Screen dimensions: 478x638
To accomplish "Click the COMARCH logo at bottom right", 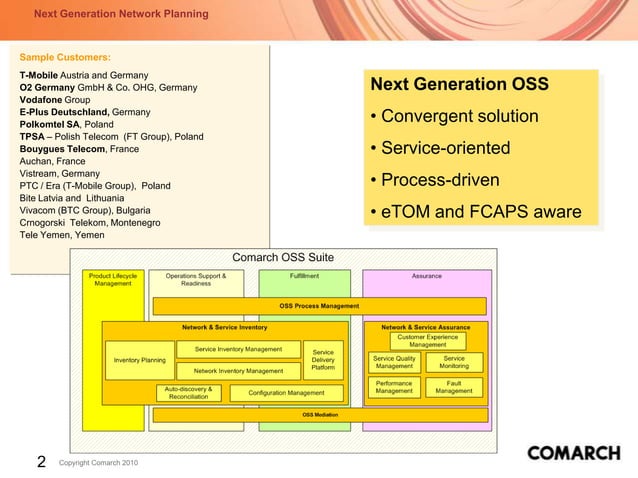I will (573, 453).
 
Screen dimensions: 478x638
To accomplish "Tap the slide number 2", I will (41, 461).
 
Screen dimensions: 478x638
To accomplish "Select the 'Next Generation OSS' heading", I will (459, 84).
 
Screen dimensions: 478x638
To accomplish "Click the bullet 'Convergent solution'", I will (454, 117).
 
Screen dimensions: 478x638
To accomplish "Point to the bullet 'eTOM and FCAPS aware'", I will (475, 212).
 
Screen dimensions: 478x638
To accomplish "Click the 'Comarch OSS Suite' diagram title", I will (283, 258).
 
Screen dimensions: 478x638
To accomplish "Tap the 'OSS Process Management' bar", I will (319, 306).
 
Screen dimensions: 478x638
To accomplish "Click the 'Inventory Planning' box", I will (139, 360).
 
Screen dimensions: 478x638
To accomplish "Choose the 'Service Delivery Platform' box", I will (323, 360).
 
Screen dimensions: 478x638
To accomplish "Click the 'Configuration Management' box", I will (286, 393).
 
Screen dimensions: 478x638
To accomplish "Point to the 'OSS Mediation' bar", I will (320, 414).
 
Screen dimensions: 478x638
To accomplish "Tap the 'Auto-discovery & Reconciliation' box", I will (188, 393).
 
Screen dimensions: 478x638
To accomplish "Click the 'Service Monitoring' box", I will (453, 362).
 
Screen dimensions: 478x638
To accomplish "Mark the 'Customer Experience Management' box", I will (428, 341).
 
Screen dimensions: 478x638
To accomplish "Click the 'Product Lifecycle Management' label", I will (113, 279).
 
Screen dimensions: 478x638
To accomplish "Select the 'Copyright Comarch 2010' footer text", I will (99, 463).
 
